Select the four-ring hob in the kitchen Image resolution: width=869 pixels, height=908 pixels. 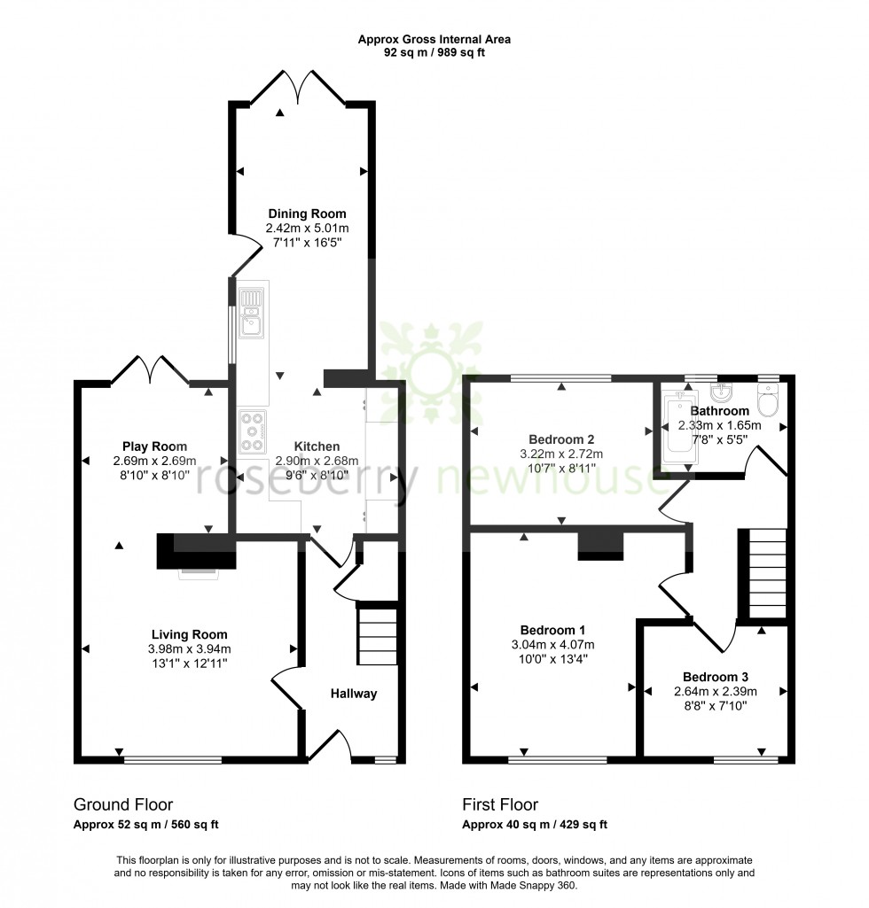pyautogui.click(x=253, y=432)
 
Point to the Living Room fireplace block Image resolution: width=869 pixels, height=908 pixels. pyautogui.click(x=196, y=552)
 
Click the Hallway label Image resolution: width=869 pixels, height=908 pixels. pyautogui.click(x=354, y=694)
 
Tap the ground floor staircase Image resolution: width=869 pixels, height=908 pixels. pyautogui.click(x=375, y=634)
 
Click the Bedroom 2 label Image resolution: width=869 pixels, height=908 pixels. pyautogui.click(x=560, y=439)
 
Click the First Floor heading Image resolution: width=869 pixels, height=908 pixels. pyautogui.click(x=500, y=805)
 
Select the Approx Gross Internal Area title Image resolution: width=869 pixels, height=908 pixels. pyautogui.click(x=434, y=39)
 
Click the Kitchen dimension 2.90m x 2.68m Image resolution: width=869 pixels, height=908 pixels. pyautogui.click(x=316, y=461)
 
